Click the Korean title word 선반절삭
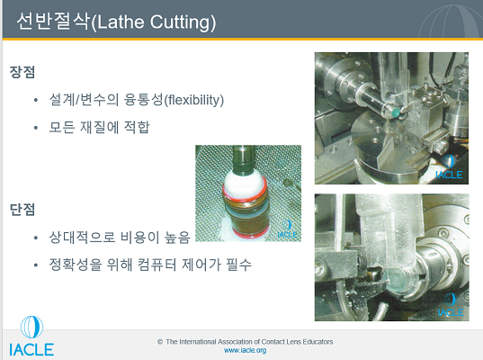click(x=53, y=22)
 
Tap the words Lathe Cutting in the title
click(x=154, y=22)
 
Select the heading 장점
click(x=22, y=72)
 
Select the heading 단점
click(x=22, y=210)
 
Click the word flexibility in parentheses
click(x=194, y=100)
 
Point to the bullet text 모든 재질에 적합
click(x=99, y=127)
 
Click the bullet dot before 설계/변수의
click(x=36, y=100)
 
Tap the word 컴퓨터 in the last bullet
click(x=157, y=265)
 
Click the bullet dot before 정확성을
click(x=36, y=265)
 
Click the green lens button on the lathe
click(x=395, y=112)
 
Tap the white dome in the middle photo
click(x=245, y=184)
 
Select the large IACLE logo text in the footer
click(x=31, y=350)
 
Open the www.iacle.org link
click(x=245, y=350)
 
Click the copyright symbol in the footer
click(x=160, y=342)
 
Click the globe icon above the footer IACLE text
click(x=31, y=328)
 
